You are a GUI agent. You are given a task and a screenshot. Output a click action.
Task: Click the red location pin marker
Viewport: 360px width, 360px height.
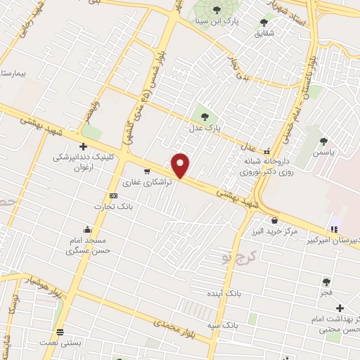tap(181, 165)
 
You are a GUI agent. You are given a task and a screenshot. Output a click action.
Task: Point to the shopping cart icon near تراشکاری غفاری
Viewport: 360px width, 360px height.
tap(147, 171)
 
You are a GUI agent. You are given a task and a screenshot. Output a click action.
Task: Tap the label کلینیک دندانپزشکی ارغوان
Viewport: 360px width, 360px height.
tap(83, 164)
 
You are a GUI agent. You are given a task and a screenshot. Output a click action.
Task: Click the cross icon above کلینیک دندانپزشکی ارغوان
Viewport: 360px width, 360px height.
tap(83, 147)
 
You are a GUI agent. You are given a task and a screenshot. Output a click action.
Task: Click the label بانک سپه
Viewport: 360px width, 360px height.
tap(224, 326)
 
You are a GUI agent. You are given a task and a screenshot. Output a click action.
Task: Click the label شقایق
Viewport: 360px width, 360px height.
tap(264, 32)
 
